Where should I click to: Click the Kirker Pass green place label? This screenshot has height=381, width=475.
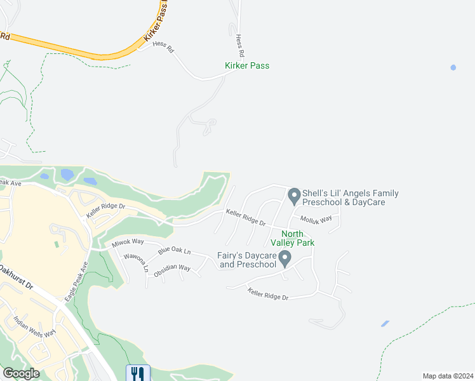(247, 65)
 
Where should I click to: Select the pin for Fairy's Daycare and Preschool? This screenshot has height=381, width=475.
(285, 258)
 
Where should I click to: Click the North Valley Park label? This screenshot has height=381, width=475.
(293, 237)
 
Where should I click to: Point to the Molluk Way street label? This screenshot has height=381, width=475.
(316, 219)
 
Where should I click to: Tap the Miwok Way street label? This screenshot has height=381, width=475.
(128, 242)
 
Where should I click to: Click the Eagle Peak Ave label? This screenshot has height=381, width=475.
(74, 279)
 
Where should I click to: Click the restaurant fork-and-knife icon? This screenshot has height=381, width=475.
(138, 373)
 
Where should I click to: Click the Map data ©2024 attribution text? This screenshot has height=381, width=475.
(447, 376)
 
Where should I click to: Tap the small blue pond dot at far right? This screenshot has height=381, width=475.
(453, 67)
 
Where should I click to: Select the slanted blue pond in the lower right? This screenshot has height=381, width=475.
(385, 324)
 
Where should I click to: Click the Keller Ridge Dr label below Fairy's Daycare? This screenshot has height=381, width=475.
(268, 294)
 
